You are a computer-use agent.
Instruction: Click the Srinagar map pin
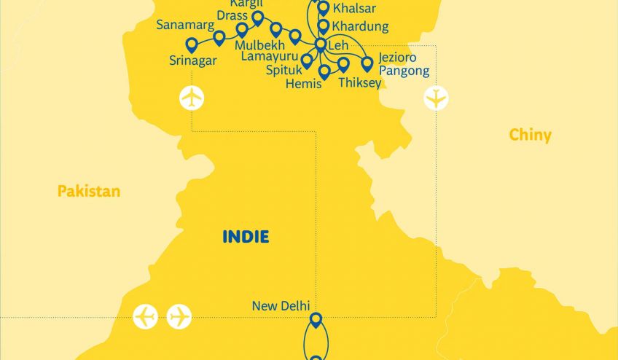192,44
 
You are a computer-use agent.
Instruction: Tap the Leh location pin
320,44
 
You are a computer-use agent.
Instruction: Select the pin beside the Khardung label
324,26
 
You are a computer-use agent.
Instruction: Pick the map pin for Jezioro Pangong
367,63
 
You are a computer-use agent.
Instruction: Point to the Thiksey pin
343,64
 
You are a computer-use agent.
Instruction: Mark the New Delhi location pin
316,319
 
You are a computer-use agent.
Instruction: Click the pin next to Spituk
307,60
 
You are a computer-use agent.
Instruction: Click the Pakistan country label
89,192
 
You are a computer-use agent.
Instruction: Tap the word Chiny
530,135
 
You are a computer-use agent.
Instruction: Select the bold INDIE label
246,237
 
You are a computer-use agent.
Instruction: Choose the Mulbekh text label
260,44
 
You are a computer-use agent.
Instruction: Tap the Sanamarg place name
184,26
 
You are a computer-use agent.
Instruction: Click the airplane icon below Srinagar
192,98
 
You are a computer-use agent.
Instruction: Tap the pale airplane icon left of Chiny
437,98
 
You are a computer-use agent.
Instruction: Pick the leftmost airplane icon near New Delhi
146,317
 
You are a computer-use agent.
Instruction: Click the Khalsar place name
354,9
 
